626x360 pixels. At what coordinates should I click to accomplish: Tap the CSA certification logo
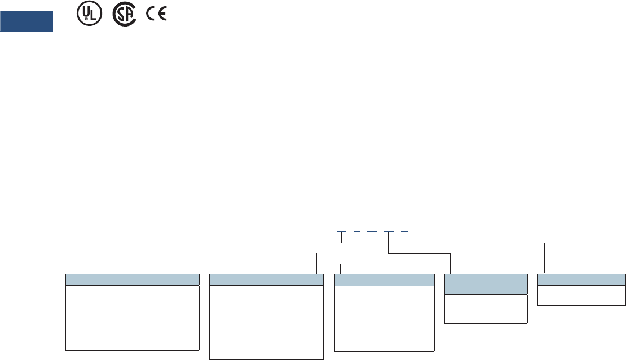(x=124, y=16)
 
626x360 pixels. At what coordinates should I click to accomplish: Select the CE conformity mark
(x=156, y=16)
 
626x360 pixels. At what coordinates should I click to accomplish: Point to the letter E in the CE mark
(x=162, y=16)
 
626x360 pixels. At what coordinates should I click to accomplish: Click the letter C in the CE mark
(x=151, y=16)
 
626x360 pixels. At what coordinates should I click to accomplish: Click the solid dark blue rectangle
(x=27, y=21)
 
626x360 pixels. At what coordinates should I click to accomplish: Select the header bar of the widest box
(x=133, y=280)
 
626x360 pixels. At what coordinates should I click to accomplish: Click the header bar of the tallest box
(x=266, y=280)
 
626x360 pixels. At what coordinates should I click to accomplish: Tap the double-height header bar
(x=486, y=284)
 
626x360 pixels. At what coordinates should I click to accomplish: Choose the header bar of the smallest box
(x=581, y=280)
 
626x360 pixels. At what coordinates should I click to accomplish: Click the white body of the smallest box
(x=581, y=295)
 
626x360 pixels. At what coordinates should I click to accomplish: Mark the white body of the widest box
(x=133, y=318)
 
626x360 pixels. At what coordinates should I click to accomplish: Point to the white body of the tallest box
(x=266, y=322)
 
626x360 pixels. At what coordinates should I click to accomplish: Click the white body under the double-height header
(x=486, y=309)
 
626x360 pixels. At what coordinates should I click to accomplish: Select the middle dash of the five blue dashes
(x=372, y=232)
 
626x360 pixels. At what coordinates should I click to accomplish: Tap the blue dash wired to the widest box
(x=341, y=232)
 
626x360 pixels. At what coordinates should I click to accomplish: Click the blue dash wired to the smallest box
(x=404, y=232)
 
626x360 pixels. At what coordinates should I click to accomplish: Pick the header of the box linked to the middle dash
(x=385, y=280)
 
